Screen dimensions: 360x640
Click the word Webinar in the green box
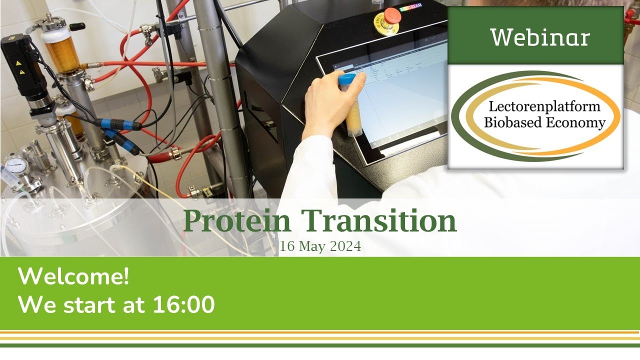tap(539, 37)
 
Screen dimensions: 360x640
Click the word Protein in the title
tap(237, 221)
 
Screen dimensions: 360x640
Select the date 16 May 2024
tap(320, 246)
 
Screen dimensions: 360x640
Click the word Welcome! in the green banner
tap(73, 276)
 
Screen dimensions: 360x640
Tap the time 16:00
tap(183, 304)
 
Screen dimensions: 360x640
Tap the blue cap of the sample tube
tap(346, 79)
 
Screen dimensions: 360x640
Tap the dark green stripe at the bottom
tap(320, 345)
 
